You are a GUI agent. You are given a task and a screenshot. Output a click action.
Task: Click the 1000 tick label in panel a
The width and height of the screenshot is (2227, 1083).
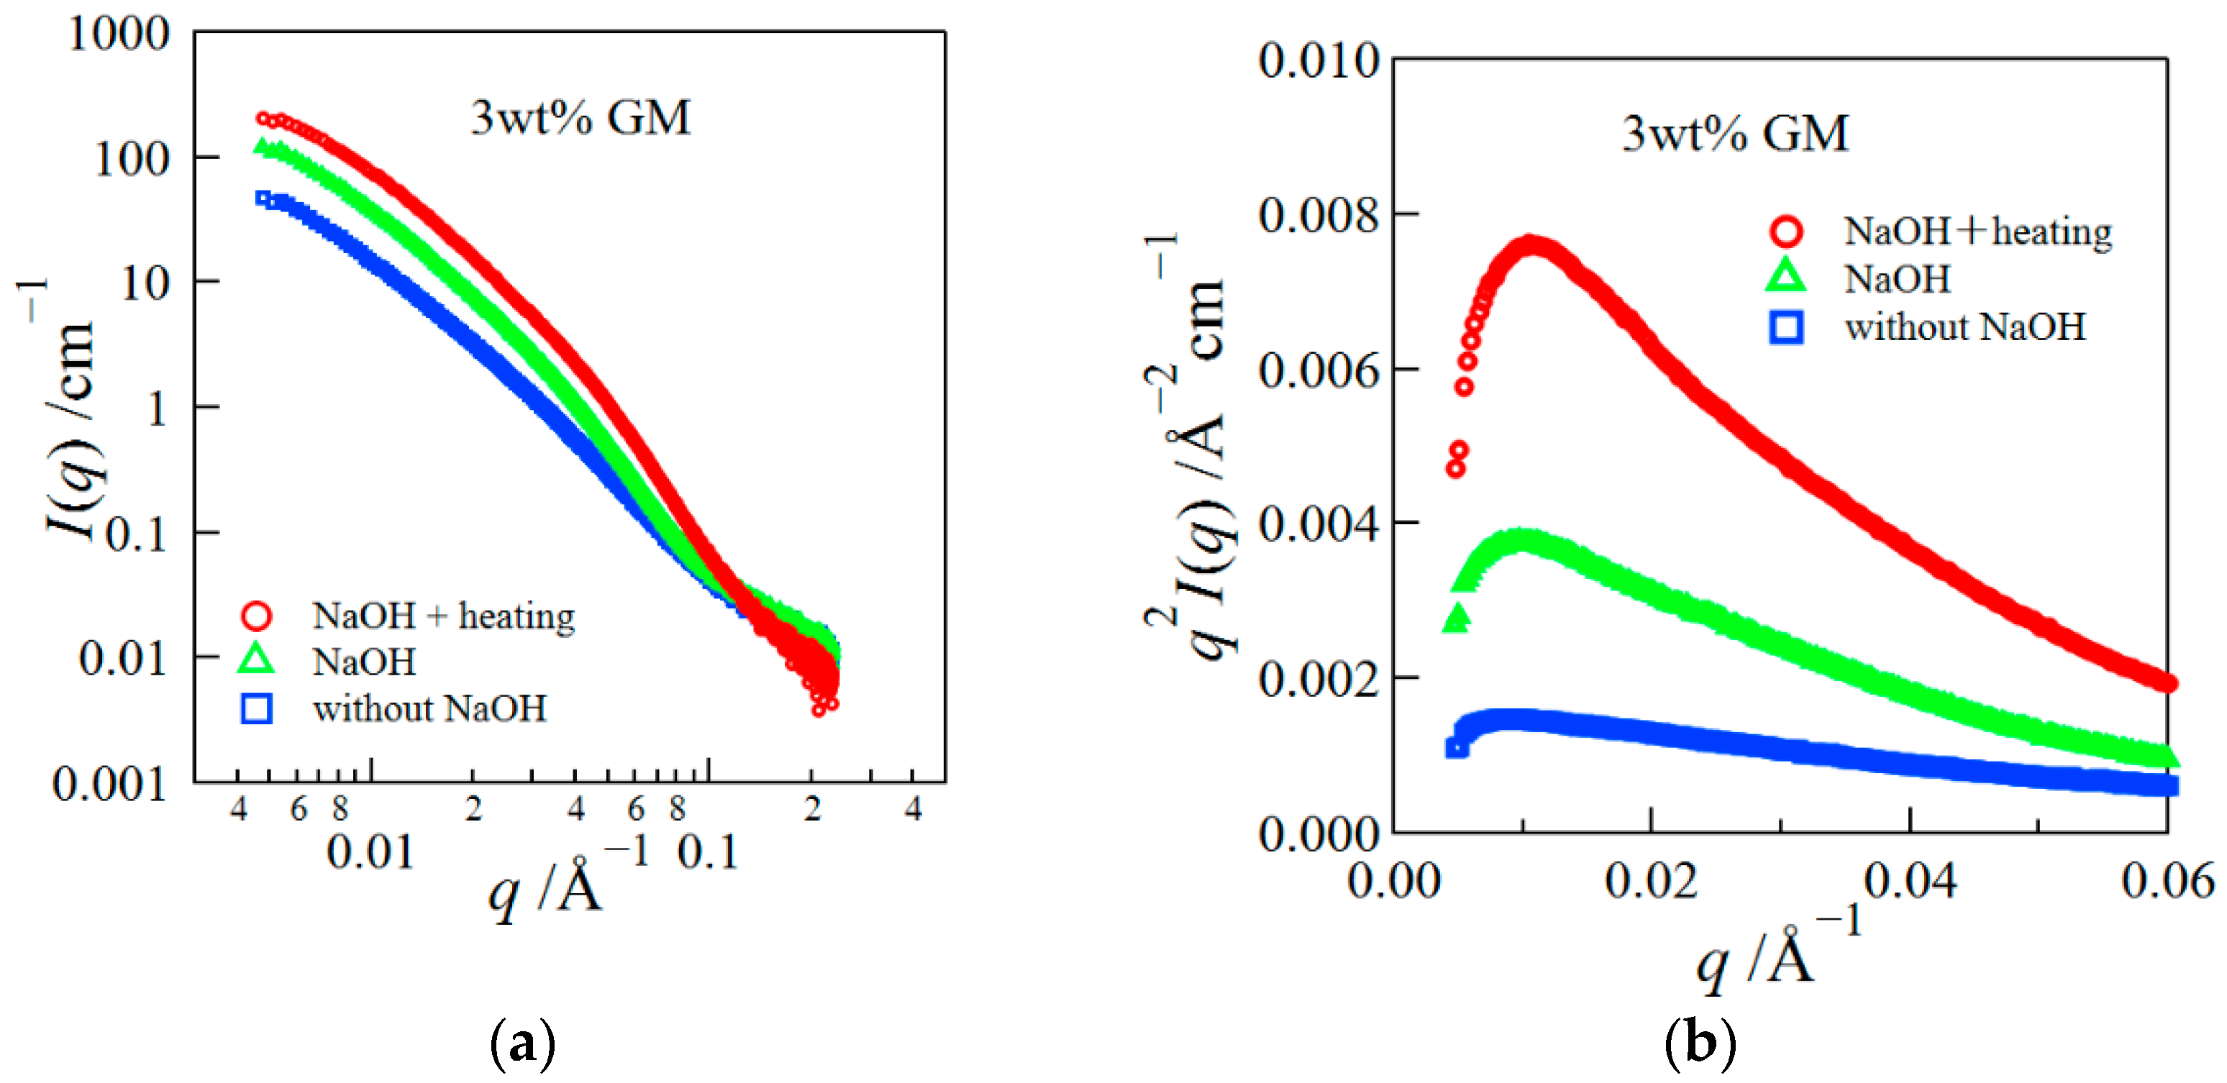pos(119,35)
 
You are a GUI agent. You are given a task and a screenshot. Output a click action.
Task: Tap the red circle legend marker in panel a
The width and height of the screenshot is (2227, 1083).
pos(257,616)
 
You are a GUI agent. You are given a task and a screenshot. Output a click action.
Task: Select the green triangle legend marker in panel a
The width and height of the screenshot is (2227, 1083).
pos(257,660)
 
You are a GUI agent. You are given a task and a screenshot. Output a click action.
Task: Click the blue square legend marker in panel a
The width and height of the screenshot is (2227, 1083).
pos(257,708)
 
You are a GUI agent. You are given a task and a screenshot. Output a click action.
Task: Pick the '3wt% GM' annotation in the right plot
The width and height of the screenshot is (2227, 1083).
pos(1735,134)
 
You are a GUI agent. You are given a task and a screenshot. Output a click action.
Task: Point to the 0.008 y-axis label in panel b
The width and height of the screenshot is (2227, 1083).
pos(1318,214)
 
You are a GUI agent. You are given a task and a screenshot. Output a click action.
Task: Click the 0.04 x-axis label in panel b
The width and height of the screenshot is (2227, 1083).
pos(1910,882)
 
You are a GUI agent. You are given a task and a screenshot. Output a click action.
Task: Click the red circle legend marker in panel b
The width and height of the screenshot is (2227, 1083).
pos(1786,231)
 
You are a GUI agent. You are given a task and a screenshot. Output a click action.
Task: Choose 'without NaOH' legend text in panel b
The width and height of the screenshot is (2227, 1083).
pos(1965,326)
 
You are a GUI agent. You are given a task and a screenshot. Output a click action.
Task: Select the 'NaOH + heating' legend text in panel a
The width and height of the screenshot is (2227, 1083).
pos(444,616)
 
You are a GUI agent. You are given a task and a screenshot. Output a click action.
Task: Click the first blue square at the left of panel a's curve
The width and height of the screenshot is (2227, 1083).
pos(263,198)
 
